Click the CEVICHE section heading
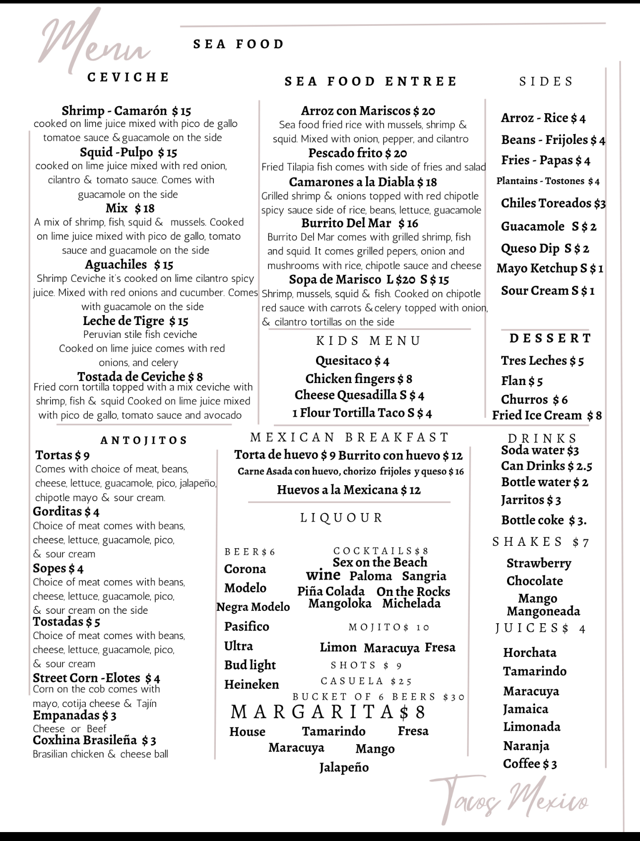[128, 77]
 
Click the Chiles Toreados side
[553, 203]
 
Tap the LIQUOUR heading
[342, 518]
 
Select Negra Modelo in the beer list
[253, 607]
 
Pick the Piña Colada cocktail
[331, 591]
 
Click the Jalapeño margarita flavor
[344, 768]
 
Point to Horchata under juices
[529, 653]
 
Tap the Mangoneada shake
[543, 611]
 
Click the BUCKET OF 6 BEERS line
[379, 697]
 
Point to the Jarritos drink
[531, 500]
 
